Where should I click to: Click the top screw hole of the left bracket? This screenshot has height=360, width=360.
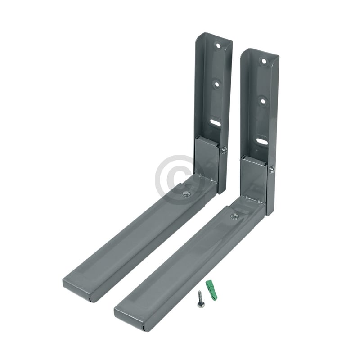click(x=218, y=46)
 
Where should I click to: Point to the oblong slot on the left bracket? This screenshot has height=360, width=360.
click(x=215, y=121)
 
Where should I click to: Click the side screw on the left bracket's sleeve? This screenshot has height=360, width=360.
click(x=225, y=150)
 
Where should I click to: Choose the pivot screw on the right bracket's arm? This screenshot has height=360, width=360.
click(x=234, y=216)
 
